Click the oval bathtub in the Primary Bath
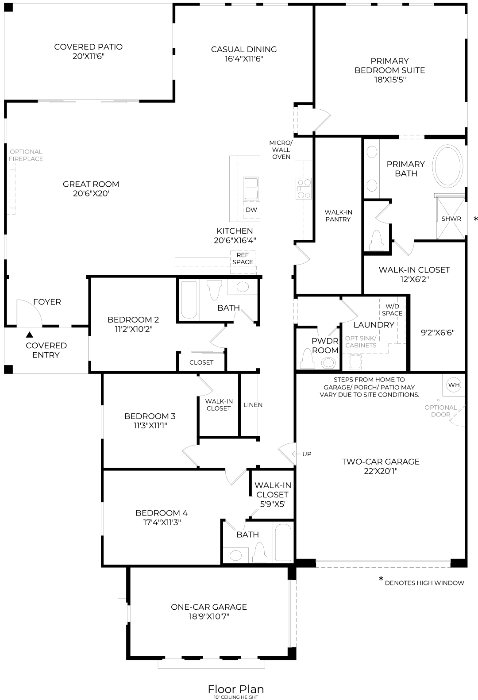449,165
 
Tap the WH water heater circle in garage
454,385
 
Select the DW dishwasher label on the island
251,210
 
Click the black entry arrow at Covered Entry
29,335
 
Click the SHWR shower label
451,219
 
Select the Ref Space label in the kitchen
243,258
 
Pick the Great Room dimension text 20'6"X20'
91,194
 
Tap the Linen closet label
253,405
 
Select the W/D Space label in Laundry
392,310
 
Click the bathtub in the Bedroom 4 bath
282,542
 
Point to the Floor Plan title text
235,689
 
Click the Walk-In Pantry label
338,216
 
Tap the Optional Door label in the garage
440,411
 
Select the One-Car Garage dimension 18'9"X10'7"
208,617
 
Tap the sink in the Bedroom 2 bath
242,287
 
